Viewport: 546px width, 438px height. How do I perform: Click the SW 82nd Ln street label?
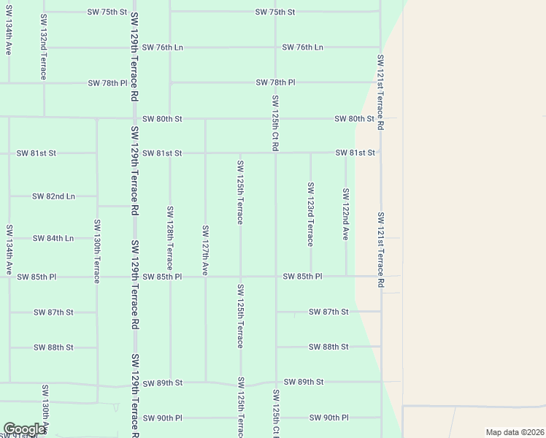click(x=53, y=196)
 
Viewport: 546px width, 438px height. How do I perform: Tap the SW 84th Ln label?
click(x=53, y=238)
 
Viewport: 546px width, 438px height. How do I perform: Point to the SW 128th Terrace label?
click(x=169, y=238)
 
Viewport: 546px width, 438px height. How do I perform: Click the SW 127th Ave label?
click(x=205, y=250)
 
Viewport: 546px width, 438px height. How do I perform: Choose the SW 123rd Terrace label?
click(x=310, y=214)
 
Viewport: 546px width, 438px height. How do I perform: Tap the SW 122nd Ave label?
click(x=345, y=214)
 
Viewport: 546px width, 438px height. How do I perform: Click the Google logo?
click(x=24, y=429)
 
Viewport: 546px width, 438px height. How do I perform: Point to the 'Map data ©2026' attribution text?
click(x=514, y=432)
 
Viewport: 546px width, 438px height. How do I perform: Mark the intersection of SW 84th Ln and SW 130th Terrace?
click(x=97, y=238)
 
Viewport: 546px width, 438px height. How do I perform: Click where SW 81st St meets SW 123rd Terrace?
click(x=311, y=153)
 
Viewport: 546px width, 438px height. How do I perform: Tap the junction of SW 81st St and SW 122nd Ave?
click(x=346, y=153)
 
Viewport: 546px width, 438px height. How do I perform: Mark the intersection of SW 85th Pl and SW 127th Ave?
click(x=205, y=277)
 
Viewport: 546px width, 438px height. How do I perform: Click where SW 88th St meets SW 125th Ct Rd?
click(x=276, y=347)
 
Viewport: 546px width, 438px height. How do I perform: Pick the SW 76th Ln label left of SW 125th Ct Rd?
click(x=162, y=47)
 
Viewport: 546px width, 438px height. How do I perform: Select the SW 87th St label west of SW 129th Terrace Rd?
click(x=53, y=312)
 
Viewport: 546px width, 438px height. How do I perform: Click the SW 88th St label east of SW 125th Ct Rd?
click(x=328, y=347)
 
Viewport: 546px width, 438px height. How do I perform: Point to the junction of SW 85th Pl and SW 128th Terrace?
click(x=170, y=277)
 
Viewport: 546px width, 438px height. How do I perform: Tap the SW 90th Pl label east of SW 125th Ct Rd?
click(x=328, y=418)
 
